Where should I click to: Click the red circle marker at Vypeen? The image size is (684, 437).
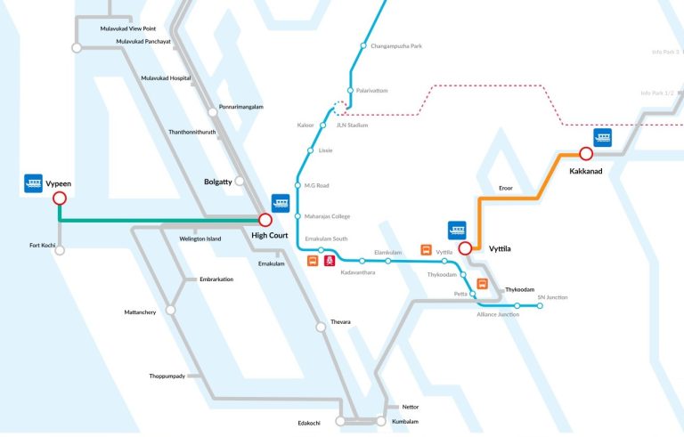point(60,198)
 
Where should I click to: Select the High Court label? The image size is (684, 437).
point(270,235)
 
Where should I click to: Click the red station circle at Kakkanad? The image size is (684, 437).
point(586,154)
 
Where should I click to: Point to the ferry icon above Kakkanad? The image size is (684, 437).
point(604,138)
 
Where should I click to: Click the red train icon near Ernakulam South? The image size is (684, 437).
point(330,261)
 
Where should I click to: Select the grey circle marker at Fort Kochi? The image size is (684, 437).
point(60,250)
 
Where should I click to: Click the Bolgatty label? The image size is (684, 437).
point(216,182)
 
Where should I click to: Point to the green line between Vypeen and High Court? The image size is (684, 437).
point(160,220)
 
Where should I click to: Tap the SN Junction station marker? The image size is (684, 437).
point(541,306)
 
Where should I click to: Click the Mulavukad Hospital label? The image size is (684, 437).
point(166,78)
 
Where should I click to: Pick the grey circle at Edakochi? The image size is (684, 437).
point(339,421)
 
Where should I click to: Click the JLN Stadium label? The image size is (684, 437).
point(353,125)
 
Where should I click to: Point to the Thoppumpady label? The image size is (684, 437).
point(167,376)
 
